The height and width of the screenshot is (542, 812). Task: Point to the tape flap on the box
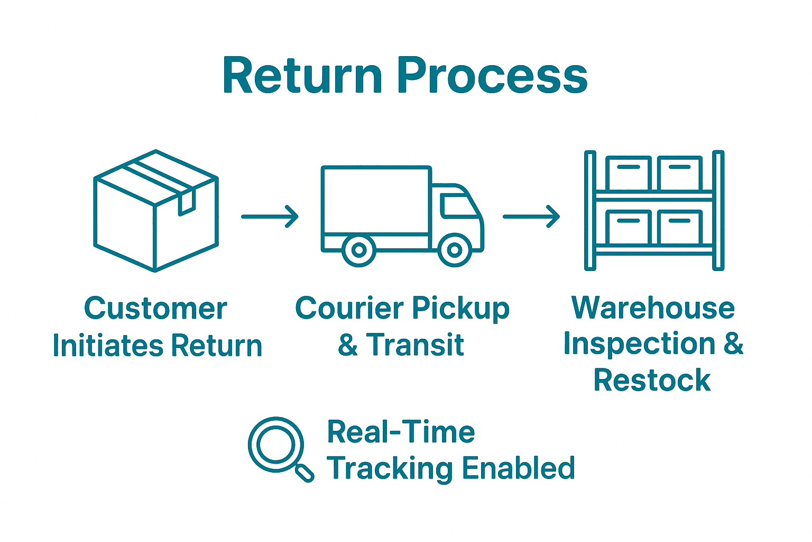tap(187, 203)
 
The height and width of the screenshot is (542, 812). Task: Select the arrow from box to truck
tap(270, 216)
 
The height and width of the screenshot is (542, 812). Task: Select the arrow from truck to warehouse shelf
tap(531, 216)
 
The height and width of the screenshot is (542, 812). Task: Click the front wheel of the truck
tap(455, 250)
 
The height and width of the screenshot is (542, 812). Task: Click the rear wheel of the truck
tap(359, 250)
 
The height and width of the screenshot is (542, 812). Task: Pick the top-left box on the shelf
tap(628, 173)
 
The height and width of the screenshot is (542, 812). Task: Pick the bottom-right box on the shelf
tap(680, 227)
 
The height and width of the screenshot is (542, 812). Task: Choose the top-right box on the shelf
tap(680, 173)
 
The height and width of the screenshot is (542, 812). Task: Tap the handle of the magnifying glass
tap(304, 472)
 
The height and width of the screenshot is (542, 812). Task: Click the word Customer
tap(155, 309)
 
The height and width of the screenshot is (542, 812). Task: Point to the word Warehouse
tap(653, 308)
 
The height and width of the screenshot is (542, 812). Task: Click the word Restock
tap(652, 381)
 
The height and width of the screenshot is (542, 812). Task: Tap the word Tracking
tap(389, 469)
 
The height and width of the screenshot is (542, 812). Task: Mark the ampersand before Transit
tap(348, 345)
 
